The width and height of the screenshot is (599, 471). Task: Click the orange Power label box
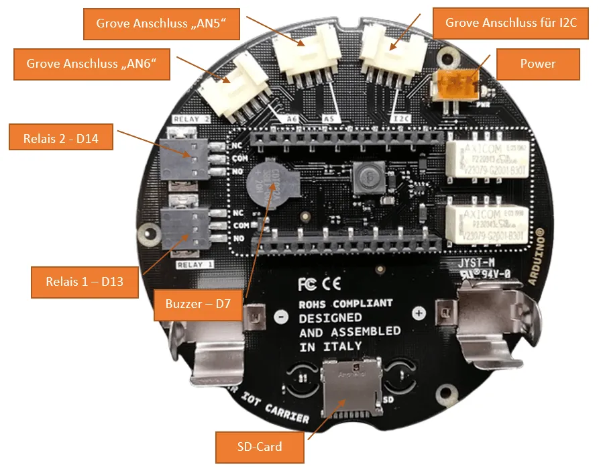[537, 64]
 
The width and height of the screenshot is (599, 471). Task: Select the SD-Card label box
[260, 447]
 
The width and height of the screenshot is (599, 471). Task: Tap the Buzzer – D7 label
[198, 304]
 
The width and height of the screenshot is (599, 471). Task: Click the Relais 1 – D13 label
[84, 282]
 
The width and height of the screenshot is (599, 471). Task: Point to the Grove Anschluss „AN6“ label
[91, 64]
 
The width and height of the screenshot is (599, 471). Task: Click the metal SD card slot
[351, 388]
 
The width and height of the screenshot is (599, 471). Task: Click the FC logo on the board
[307, 283]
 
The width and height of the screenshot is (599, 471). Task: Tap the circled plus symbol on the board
[419, 313]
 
